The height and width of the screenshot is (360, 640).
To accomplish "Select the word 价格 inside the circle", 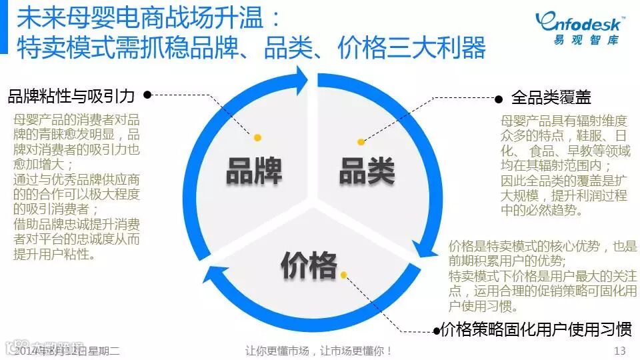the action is [309, 265].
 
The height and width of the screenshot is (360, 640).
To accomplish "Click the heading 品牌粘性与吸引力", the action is [71, 97].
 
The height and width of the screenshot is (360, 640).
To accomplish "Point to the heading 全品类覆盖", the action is [551, 98].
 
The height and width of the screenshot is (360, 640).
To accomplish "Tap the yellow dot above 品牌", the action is [257, 137].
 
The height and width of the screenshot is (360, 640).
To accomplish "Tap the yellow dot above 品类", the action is [361, 142].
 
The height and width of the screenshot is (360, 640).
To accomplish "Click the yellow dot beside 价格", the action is [344, 275].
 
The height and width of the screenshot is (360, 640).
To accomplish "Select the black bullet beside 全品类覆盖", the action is [498, 99].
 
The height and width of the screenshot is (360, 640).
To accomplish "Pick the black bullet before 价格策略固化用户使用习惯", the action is [437, 329].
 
